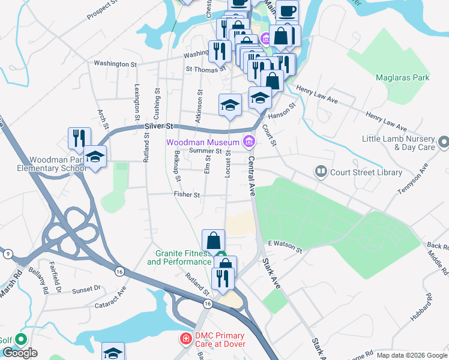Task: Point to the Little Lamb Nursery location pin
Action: [444, 143]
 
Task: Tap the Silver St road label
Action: [158, 127]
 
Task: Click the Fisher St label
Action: [187, 194]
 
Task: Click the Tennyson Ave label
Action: [414, 181]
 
